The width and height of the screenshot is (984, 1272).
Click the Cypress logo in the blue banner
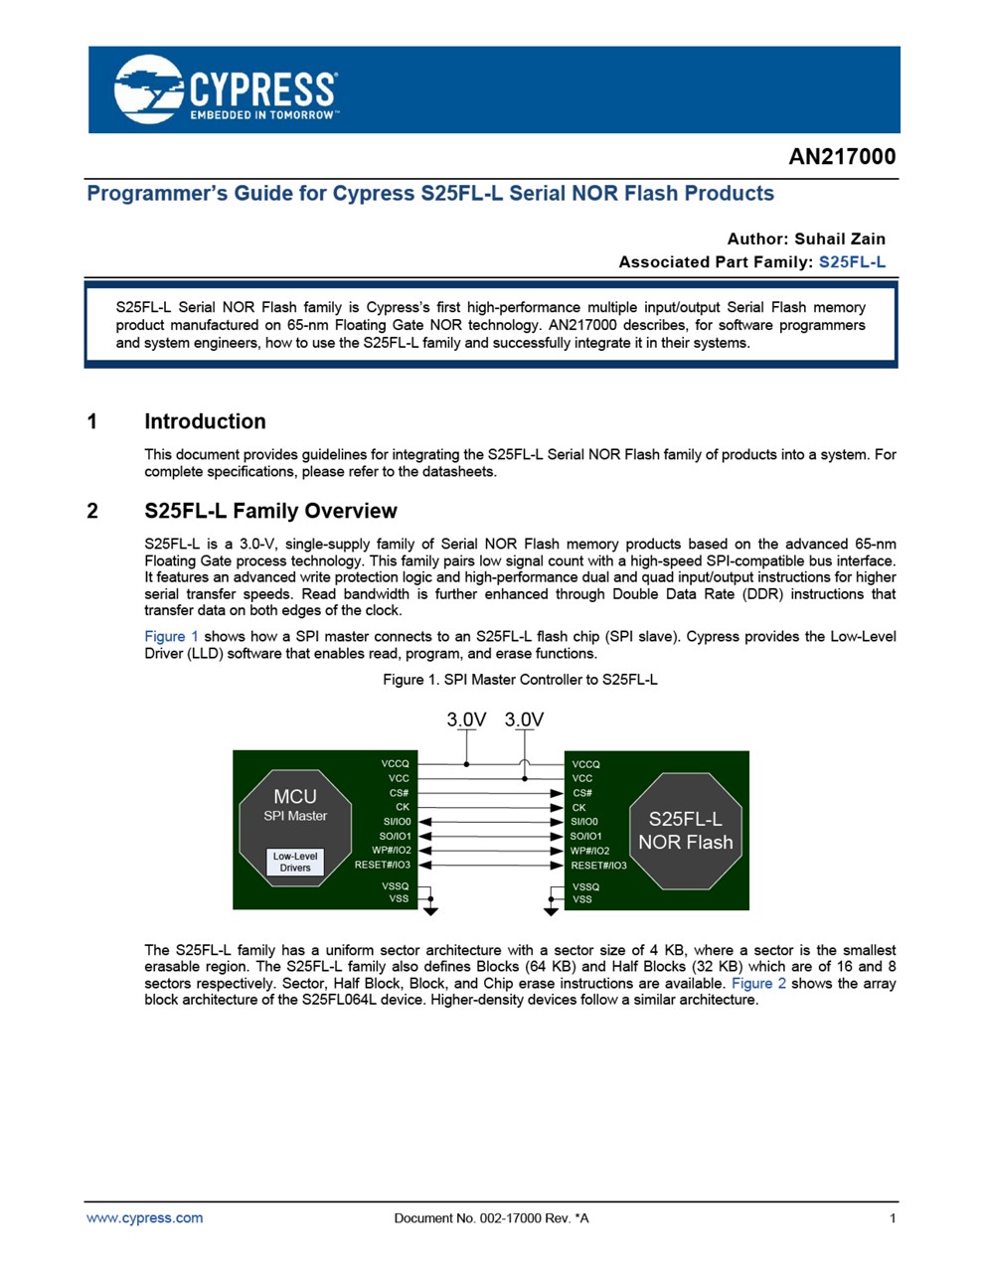(x=226, y=89)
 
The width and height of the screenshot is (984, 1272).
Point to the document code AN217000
(x=842, y=157)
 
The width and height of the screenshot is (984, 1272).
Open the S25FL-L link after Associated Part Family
(x=852, y=262)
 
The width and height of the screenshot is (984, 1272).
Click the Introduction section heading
(x=205, y=421)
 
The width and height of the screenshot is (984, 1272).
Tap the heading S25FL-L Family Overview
(x=270, y=511)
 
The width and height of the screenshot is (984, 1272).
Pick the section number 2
(x=92, y=511)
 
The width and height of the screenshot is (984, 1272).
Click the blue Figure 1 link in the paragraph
(x=171, y=637)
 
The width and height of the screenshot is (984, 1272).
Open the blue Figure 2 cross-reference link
(x=758, y=983)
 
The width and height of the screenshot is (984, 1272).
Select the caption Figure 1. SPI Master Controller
(x=520, y=680)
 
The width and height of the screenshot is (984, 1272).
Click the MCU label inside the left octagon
(x=295, y=796)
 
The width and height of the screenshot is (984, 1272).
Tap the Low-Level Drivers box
(x=295, y=862)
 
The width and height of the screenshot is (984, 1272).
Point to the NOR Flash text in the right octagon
(x=686, y=843)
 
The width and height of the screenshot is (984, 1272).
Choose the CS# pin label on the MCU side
(x=399, y=793)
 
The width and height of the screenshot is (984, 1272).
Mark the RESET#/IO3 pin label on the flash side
(x=598, y=866)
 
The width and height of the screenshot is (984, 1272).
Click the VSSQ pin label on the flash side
(x=585, y=886)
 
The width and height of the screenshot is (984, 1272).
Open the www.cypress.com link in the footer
(x=145, y=1218)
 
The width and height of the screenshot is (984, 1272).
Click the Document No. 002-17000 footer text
(x=491, y=1218)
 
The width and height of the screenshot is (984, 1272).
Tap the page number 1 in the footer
(x=893, y=1218)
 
